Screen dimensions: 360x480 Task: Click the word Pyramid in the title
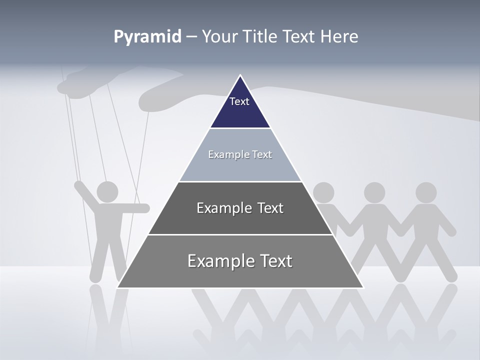pyautogui.click(x=147, y=37)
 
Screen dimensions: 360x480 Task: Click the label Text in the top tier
pyautogui.click(x=239, y=101)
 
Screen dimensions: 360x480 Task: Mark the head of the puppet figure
pyautogui.click(x=107, y=191)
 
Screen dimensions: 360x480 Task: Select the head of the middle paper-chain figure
pyautogui.click(x=374, y=192)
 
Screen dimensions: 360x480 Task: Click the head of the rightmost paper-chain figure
pyautogui.click(x=426, y=192)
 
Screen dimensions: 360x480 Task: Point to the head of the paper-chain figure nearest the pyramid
pyautogui.click(x=323, y=192)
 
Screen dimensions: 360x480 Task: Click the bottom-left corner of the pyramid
pyautogui.click(x=117, y=287)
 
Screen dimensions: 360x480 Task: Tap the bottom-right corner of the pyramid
pyautogui.click(x=363, y=287)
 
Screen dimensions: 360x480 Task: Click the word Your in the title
pyautogui.click(x=219, y=37)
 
